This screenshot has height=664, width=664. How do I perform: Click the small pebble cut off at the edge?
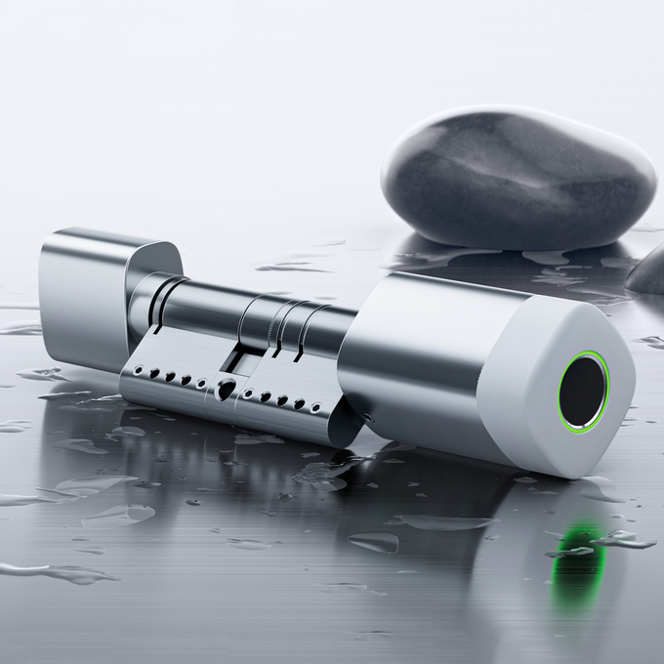pos(649,271)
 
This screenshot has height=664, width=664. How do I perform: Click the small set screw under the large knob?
pos(370,418)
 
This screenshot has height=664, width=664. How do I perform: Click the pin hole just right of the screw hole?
pos(248,394)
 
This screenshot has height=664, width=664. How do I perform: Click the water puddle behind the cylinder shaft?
pos(293,265)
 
